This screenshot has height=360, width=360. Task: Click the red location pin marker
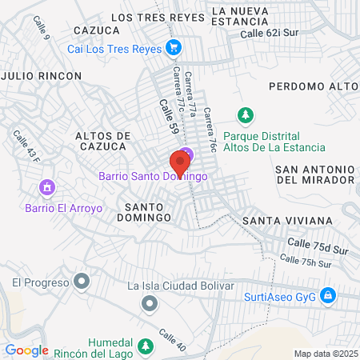click(180, 164)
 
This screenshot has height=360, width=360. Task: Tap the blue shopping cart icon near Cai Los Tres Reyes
click(173, 49)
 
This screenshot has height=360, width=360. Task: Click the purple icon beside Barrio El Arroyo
click(46, 189)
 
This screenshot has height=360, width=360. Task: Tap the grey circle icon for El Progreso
click(82, 281)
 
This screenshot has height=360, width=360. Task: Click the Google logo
click(26, 350)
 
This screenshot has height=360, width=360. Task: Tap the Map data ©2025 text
click(323, 353)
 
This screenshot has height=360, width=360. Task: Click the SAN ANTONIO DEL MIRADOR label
click(314, 174)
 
